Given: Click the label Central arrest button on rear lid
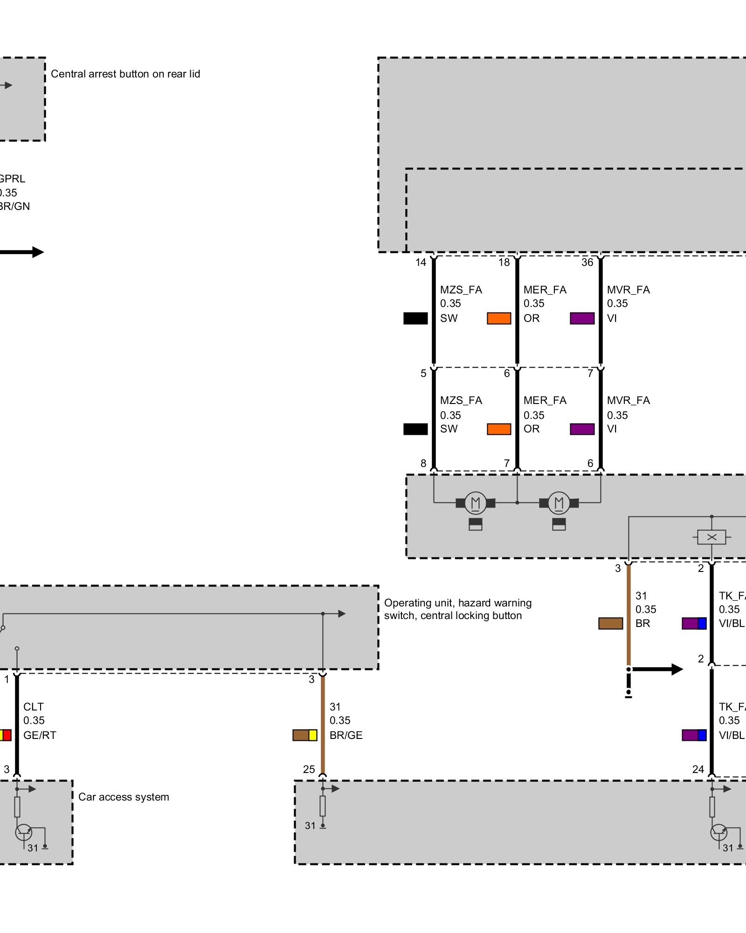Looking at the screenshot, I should [125, 74].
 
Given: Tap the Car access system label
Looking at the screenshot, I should [124, 797].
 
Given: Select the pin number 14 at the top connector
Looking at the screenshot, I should [421, 262].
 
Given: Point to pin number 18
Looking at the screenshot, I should [504, 262].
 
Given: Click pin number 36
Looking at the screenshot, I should [587, 262].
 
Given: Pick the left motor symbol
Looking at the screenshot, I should [476, 503].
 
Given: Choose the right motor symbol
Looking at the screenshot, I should [559, 503].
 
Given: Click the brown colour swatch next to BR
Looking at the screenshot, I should [610, 623].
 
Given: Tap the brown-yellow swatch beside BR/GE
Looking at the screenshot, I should [305, 735].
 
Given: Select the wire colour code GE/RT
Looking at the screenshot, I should [40, 735].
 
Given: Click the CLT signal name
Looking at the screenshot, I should [34, 707].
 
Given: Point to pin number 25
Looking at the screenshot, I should [309, 769].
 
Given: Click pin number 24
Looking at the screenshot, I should [698, 769].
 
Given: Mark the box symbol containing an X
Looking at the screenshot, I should [711, 537].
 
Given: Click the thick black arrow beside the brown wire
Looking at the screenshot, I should [657, 669].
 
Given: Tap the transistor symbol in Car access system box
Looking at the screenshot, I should [24, 832].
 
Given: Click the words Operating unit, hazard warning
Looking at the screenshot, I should [457, 603].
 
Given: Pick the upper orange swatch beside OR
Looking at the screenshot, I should [499, 318].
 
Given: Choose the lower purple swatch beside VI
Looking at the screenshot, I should [582, 429].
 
